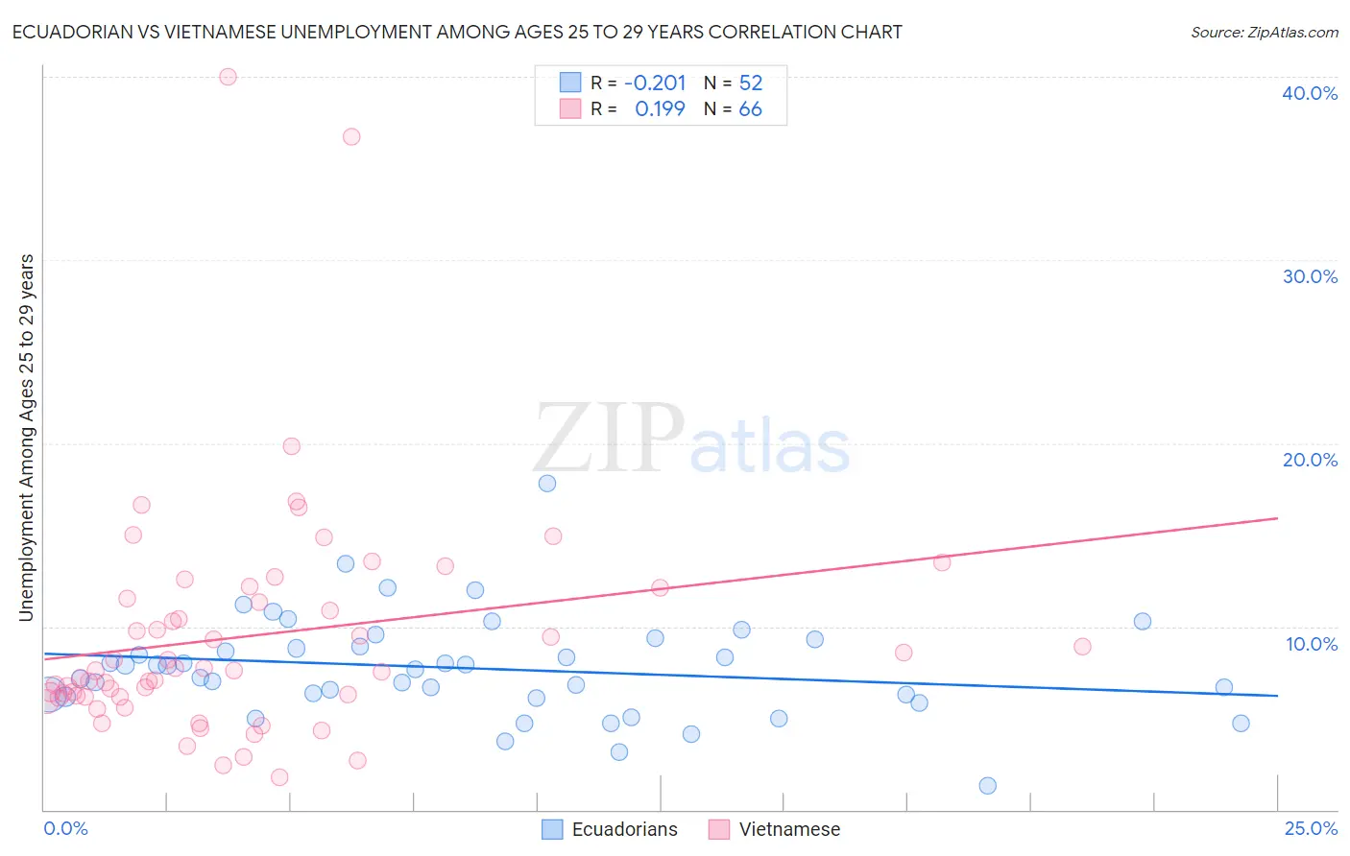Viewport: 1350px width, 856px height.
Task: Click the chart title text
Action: [457, 32]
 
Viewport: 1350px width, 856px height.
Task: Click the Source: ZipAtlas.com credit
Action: [1264, 32]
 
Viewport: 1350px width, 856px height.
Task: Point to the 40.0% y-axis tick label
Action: [1309, 93]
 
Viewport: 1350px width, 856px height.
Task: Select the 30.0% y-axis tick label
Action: [1309, 276]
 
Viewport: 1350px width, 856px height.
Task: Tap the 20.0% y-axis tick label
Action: [1309, 460]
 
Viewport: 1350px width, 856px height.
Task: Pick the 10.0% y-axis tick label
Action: [1311, 644]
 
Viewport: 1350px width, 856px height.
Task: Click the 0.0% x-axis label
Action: [65, 828]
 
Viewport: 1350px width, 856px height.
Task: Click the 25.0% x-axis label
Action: [1311, 828]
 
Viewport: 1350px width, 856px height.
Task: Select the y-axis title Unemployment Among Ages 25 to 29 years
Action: [27, 438]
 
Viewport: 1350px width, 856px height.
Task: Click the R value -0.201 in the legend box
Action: [655, 83]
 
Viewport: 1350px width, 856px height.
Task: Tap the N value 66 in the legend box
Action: [750, 109]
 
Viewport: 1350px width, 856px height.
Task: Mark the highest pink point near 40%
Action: [228, 77]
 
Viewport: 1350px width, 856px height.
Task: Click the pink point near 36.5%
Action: [351, 136]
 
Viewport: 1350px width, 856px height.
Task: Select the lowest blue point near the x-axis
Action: [987, 786]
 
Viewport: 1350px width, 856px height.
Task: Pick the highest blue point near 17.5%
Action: [547, 483]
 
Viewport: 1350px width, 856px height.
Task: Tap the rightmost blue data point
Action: [1241, 724]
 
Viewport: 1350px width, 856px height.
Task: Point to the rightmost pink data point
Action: [1082, 647]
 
